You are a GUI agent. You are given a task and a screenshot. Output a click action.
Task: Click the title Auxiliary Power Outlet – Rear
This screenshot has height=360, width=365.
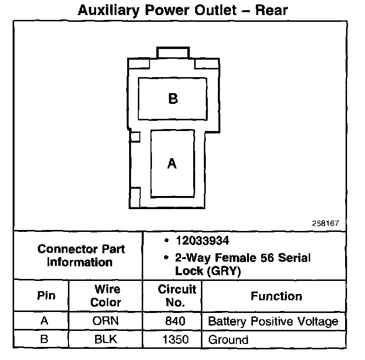(182, 10)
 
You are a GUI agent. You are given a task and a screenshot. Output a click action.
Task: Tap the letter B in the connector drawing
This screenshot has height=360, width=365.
(173, 99)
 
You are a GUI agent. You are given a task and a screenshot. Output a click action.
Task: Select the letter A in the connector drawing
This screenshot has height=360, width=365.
(172, 164)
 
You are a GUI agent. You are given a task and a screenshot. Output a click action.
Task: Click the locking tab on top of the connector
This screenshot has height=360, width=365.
(173, 52)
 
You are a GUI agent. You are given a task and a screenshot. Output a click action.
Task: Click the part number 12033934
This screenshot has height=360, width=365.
(202, 241)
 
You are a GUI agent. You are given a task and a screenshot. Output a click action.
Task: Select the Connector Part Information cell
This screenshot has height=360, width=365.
(81, 256)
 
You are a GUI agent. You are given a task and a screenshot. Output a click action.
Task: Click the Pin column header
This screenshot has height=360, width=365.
(46, 295)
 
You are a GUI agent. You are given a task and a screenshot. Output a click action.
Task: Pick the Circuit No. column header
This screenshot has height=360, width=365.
(177, 295)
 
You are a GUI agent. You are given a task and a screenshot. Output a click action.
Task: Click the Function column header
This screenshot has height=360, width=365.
(276, 296)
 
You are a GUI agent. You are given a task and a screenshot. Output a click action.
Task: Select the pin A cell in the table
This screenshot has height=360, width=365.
(44, 321)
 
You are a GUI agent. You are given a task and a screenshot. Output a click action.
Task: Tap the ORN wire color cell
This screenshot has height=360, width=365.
(106, 321)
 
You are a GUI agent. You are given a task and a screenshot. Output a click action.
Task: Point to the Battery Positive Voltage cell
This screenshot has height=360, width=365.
(273, 321)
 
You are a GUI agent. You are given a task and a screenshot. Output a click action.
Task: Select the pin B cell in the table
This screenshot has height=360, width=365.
(44, 339)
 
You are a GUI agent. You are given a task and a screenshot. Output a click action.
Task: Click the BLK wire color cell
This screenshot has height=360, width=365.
(106, 339)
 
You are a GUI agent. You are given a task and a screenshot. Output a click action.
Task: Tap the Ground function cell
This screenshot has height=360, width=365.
(228, 340)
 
